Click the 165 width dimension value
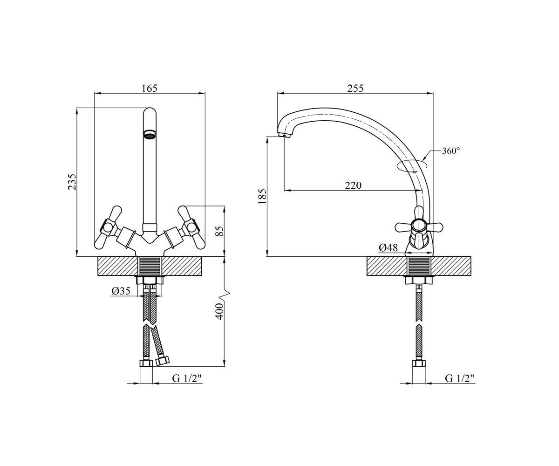click(150, 88)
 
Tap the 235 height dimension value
click(72, 182)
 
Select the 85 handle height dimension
click(219, 231)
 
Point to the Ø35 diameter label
click(121, 291)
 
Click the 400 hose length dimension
click(219, 311)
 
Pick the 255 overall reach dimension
click(355, 88)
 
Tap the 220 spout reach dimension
click(353, 185)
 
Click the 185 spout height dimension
click(263, 197)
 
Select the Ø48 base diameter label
click(388, 248)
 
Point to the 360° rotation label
click(451, 151)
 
